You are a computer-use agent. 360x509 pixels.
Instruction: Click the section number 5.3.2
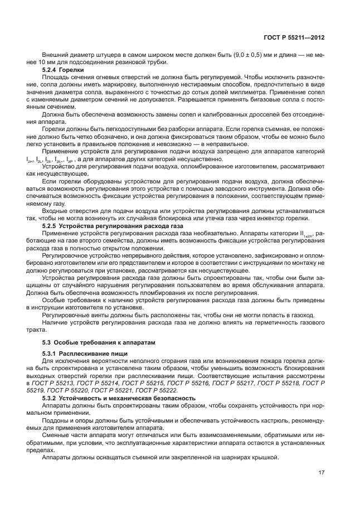[52, 398]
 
